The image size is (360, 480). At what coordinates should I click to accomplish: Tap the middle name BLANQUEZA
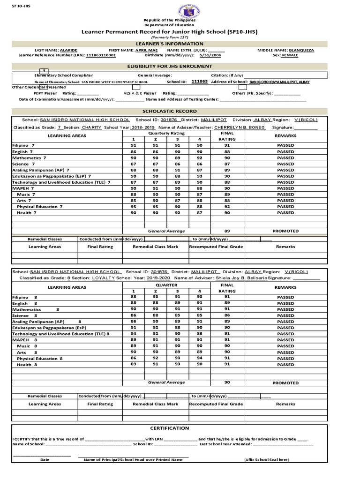301,50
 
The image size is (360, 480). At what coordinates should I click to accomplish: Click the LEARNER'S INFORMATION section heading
180,44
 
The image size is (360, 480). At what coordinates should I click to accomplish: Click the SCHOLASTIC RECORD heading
180,111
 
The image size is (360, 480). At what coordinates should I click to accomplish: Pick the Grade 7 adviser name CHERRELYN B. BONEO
240,127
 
